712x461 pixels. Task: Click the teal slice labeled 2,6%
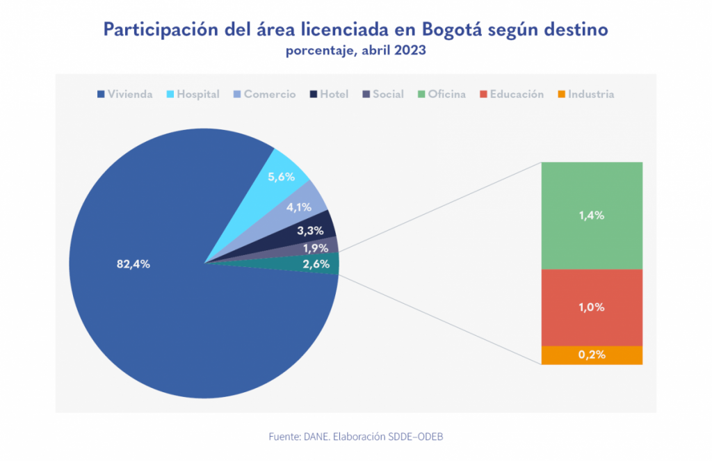(316, 264)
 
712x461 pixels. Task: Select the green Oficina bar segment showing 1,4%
(591, 216)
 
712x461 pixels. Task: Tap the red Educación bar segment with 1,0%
(591, 307)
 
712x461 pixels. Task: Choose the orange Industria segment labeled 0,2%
(591, 355)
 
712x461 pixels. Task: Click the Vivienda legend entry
(125, 94)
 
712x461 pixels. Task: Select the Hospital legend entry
(194, 94)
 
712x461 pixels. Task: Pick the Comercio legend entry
(264, 94)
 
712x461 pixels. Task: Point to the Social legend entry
(382, 94)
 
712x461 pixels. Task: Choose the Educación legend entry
(511, 94)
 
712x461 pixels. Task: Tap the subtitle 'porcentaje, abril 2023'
(356, 51)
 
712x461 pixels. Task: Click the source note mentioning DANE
(355, 437)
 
